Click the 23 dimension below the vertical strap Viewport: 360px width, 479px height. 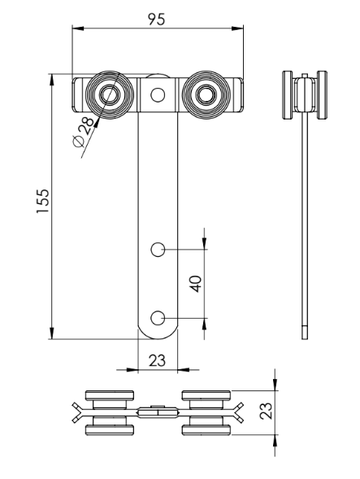tap(157, 360)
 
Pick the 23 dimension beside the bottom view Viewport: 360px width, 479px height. tap(264, 412)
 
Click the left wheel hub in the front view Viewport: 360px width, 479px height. tap(109, 96)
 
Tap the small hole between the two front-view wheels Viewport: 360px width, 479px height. tap(158, 94)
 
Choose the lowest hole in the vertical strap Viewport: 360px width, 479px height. tap(159, 316)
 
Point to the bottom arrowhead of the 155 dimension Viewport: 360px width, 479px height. tap(52, 334)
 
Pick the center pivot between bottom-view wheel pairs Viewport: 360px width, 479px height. tap(157, 412)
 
